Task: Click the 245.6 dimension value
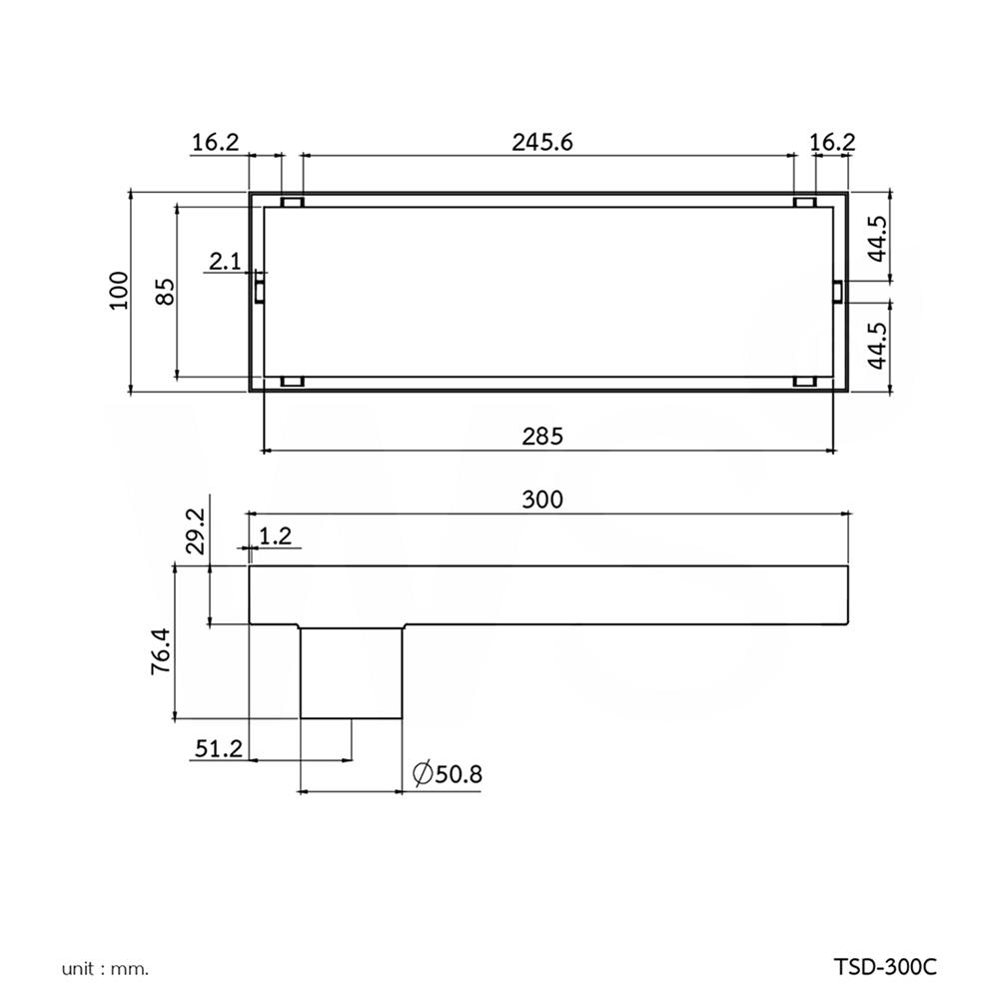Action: coord(542,142)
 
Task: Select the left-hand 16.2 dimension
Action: coord(215,142)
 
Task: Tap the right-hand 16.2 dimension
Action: coord(832,142)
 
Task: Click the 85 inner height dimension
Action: coord(166,291)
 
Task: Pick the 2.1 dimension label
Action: coord(224,262)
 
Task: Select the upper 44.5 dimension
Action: coord(876,237)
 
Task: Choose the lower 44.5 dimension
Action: coord(876,346)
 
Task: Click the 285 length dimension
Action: coord(543,436)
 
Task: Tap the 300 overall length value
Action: coord(543,499)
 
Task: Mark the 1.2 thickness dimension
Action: coord(275,536)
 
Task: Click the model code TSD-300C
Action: coord(885,967)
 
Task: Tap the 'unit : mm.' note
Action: coord(105,968)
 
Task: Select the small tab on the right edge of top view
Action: coord(838,290)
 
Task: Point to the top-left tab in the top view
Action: coord(292,203)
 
